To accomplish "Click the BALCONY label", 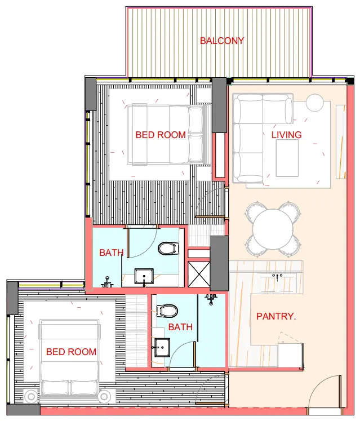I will [222, 41].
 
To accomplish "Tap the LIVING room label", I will [286, 135].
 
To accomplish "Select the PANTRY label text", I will [275, 316].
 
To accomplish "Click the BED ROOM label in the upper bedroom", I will [161, 135].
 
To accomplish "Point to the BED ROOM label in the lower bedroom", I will [71, 352].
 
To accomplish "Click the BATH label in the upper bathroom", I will [111, 252].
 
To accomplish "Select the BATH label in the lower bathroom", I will [180, 327].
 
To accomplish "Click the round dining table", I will [273, 228].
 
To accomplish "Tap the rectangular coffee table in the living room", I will [287, 158].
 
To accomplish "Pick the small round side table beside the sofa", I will [315, 103].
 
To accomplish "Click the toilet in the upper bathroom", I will [168, 247].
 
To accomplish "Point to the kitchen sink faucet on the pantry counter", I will [277, 276].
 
